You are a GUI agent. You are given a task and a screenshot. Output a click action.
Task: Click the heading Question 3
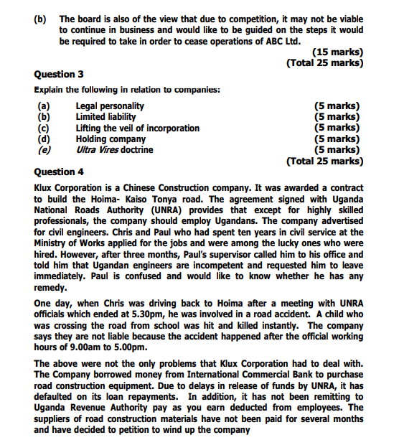coord(59,74)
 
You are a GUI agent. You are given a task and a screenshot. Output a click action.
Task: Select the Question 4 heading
coord(59,172)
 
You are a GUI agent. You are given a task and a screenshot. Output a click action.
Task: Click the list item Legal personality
coord(110,106)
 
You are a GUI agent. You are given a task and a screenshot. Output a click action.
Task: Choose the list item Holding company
coord(111,139)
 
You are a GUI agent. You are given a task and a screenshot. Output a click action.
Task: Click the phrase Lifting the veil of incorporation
coord(138,128)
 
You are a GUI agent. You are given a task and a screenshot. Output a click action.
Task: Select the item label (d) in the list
coord(44,139)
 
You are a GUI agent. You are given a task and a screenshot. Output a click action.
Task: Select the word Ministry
coord(55,243)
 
